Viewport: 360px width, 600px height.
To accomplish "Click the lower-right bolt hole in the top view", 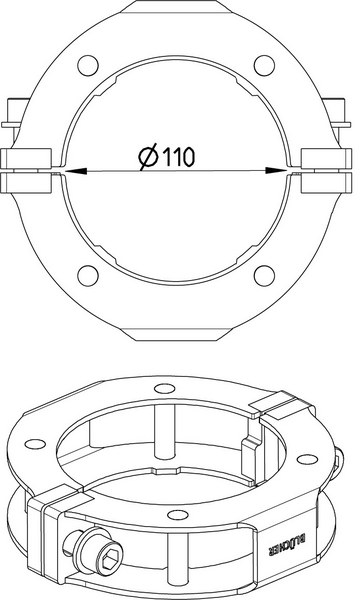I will click(x=264, y=275).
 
